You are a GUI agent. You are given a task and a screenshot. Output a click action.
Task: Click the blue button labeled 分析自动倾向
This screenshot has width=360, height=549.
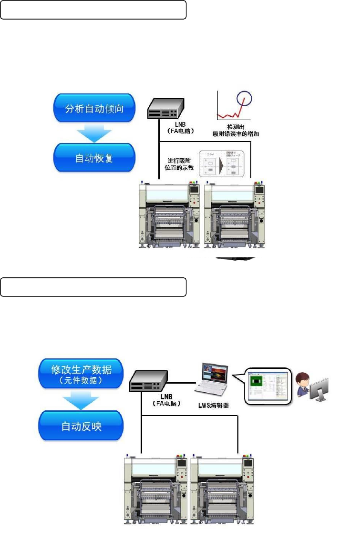(94, 108)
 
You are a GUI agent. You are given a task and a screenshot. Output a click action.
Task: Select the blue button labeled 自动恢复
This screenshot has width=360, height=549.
(94, 158)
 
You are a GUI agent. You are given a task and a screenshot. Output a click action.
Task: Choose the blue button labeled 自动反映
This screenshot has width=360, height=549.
(81, 426)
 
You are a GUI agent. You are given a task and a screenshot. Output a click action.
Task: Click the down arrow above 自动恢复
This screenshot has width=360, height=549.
(94, 133)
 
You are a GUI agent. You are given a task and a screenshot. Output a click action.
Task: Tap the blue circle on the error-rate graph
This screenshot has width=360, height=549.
(244, 100)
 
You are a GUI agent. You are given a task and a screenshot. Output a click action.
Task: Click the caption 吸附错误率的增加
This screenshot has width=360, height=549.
(237, 134)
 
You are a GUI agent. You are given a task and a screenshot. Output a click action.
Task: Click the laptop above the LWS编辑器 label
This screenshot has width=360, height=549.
(212, 379)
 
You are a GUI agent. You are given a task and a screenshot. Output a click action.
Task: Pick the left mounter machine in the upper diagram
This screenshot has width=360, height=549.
(169, 214)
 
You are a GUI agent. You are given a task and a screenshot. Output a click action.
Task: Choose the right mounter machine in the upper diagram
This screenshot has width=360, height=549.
(235, 214)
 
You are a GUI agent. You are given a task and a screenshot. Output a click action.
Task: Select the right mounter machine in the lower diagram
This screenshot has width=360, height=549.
(221, 488)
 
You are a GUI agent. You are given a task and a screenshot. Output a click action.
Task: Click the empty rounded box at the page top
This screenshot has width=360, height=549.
(93, 10)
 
